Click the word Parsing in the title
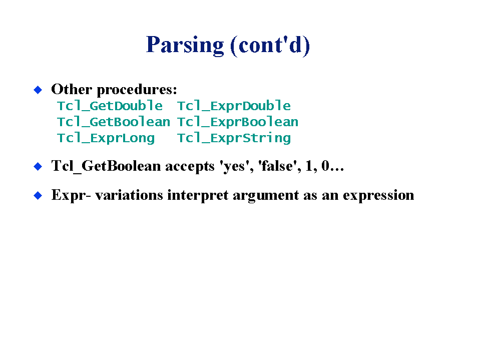[185, 45]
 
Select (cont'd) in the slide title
[270, 45]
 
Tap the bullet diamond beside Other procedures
[38, 90]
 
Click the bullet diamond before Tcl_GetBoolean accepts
[38, 166]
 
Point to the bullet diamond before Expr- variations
[38, 195]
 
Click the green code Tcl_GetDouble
[110, 106]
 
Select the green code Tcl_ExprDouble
[234, 106]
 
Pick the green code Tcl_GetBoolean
[114, 122]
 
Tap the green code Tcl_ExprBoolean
[238, 122]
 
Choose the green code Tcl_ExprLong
[106, 138]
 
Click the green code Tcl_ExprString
[234, 138]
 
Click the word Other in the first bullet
[72, 89]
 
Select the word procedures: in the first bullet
[137, 90]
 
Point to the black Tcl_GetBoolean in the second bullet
[106, 166]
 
